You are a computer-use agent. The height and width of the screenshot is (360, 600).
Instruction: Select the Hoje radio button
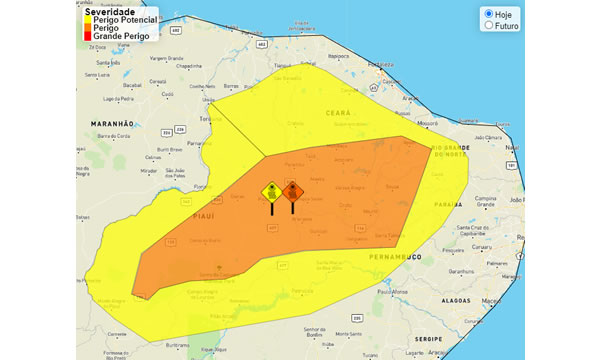tap(488, 14)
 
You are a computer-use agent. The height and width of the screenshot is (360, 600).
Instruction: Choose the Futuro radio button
tap(488, 26)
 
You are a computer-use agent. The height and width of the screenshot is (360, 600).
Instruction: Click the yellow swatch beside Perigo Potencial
tap(88, 20)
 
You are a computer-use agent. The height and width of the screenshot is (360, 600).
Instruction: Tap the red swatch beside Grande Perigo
tap(88, 36)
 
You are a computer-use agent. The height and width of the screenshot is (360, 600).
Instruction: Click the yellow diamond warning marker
tap(270, 191)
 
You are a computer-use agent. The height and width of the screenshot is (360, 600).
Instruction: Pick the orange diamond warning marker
tap(293, 190)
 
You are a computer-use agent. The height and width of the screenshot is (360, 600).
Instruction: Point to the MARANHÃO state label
tap(112, 124)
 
